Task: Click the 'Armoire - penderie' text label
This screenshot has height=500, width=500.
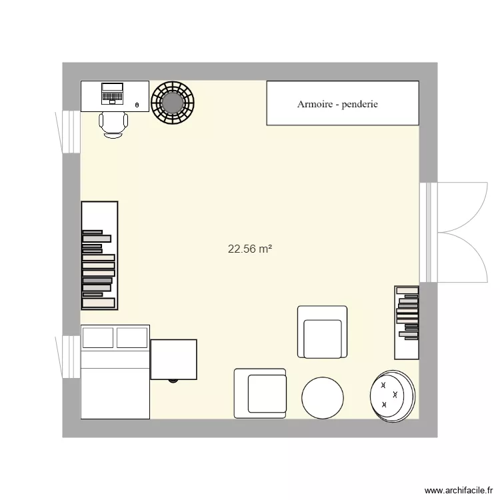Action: point(337,104)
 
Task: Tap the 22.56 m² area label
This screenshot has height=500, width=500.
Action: point(250,249)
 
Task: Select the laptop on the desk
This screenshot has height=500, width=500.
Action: point(112,93)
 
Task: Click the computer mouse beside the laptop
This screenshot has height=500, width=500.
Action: point(137,105)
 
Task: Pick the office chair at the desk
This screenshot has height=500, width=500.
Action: point(113,124)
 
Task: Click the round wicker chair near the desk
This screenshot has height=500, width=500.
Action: point(173,103)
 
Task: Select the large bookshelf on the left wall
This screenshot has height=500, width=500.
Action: point(99,255)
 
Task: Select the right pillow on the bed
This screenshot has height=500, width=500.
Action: point(131,338)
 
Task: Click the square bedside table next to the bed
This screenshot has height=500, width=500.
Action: point(173,359)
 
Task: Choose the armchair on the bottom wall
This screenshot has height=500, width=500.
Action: point(260,393)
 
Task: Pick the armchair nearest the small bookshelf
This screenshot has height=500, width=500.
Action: point(322,332)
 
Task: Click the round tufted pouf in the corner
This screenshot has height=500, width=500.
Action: point(393,395)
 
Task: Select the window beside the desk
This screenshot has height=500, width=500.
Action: point(68,131)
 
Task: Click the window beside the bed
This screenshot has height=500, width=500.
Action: point(68,357)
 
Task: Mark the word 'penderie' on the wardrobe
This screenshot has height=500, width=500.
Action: point(359,104)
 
